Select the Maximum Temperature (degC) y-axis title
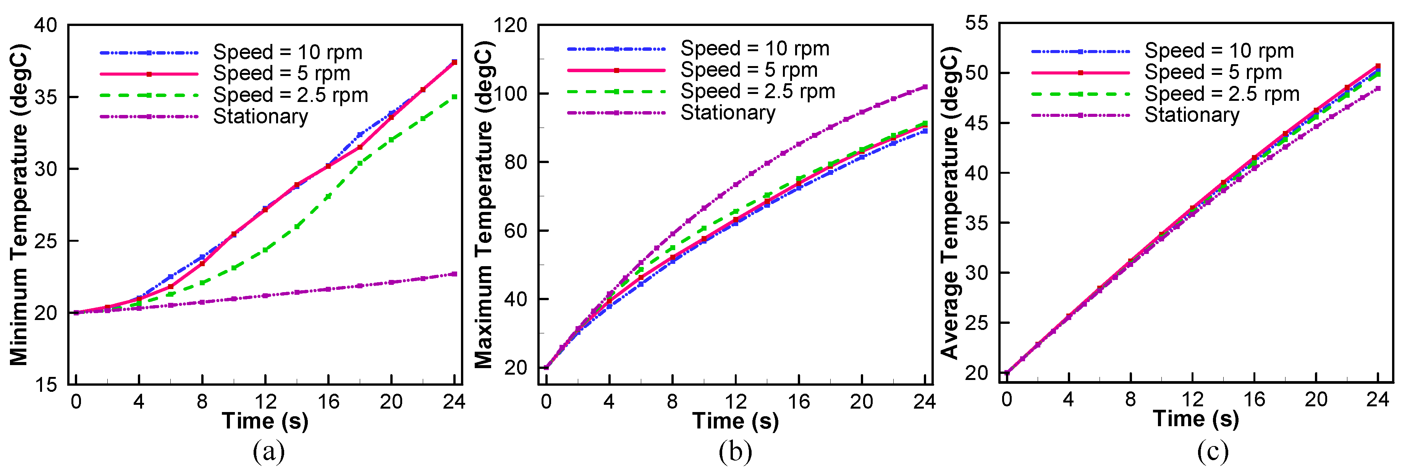pyautogui.click(x=483, y=204)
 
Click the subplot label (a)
pyautogui.click(x=269, y=451)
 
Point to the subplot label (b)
pyautogui.click(x=735, y=451)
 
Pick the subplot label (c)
pyautogui.click(x=1213, y=451)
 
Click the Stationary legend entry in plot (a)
pyautogui.click(x=260, y=116)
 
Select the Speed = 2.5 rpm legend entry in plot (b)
pyautogui.click(x=758, y=92)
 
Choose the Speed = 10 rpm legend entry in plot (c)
pyautogui.click(x=1219, y=51)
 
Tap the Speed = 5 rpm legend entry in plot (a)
pyautogui.click(x=281, y=73)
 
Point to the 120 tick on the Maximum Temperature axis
pyautogui.click(x=510, y=25)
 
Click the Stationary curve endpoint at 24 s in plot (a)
pyautogui.click(x=454, y=274)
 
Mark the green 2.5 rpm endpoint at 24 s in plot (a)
pyautogui.click(x=454, y=97)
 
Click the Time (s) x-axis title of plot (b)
pyautogui.click(x=735, y=421)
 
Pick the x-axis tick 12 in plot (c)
pyautogui.click(x=1192, y=399)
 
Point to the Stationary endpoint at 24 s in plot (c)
pyautogui.click(x=1378, y=88)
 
